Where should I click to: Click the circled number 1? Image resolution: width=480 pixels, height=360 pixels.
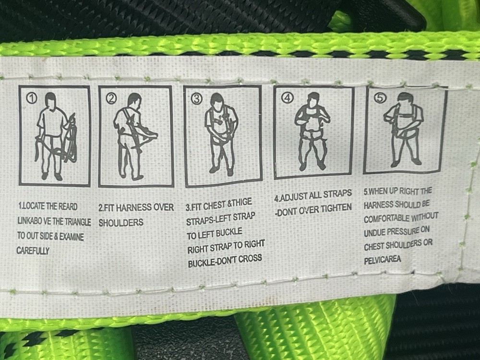pyautogui.click(x=32, y=98)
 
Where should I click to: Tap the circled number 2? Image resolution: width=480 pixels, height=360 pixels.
pyautogui.click(x=111, y=99)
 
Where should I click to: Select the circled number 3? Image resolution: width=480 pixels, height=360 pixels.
pyautogui.click(x=197, y=99)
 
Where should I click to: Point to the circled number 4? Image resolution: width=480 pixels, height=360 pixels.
pyautogui.click(x=287, y=98)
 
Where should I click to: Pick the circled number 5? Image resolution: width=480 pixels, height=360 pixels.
pyautogui.click(x=380, y=98)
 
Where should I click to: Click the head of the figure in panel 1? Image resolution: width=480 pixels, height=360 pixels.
pyautogui.click(x=50, y=101)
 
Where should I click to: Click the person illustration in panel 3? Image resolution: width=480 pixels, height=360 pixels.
pyautogui.click(x=221, y=134)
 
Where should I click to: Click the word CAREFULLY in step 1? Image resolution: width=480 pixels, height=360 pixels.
pyautogui.click(x=33, y=251)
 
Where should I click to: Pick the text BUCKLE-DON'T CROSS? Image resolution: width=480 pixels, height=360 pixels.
pyautogui.click(x=225, y=260)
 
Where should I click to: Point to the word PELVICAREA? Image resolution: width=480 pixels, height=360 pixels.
pyautogui.click(x=383, y=260)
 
